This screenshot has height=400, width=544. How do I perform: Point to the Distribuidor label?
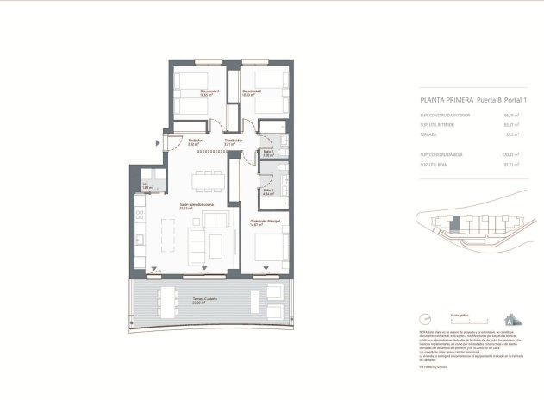point(233,141)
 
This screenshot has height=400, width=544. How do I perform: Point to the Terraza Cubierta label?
point(204,301)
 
